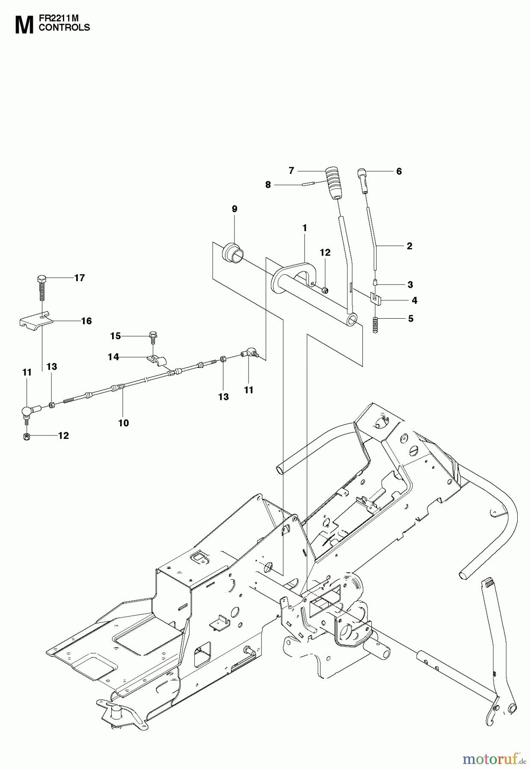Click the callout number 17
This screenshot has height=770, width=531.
coord(80,278)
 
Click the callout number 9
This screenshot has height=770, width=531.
coord(234,209)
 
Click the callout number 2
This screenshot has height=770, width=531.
coord(409,246)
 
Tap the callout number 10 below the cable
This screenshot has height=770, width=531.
coord(123,423)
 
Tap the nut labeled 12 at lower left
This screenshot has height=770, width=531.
coord(27,436)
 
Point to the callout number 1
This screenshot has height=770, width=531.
coord(305,228)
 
